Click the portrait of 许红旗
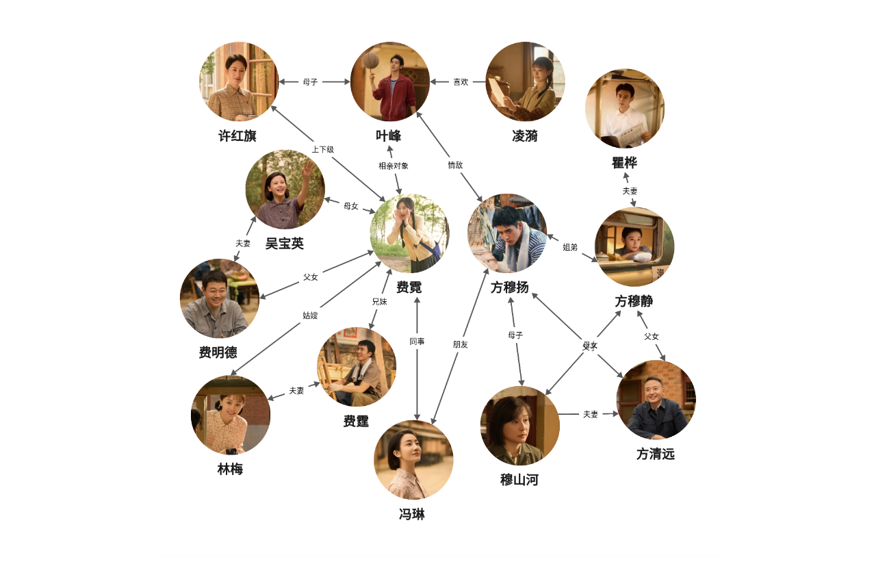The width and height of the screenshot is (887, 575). (239, 81)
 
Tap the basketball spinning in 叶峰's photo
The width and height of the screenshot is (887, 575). (370, 60)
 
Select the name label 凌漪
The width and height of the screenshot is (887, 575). (525, 136)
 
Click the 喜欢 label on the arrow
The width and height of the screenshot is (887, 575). (461, 81)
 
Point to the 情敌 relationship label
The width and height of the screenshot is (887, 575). (455, 165)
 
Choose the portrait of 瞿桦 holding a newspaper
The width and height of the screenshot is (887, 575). (624, 108)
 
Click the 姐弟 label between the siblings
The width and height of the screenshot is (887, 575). (570, 246)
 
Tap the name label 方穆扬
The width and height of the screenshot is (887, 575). (509, 287)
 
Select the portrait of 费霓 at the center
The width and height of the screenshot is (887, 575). (409, 233)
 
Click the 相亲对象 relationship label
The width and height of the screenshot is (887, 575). (394, 166)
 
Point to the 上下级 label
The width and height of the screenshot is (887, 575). (322, 149)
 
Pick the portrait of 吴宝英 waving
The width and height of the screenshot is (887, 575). (285, 190)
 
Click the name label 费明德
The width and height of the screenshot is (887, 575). (218, 353)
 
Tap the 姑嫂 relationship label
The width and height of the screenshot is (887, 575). (310, 316)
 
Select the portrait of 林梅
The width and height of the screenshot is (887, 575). (230, 415)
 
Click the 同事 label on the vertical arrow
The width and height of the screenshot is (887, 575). (417, 341)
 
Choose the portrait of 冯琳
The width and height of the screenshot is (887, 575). (413, 459)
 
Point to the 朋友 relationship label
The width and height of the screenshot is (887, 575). (460, 344)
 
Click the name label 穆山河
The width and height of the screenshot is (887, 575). (519, 480)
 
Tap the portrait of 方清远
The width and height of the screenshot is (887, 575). (656, 400)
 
